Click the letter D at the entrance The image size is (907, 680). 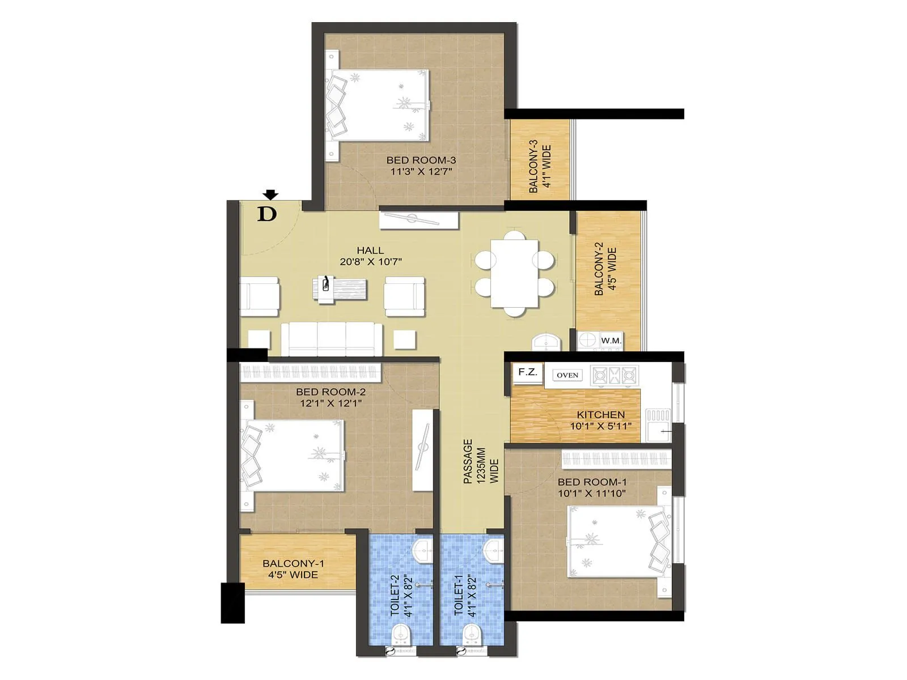(267, 214)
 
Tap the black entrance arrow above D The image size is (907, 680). (271, 195)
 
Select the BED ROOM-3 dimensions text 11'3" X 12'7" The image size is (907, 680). (421, 171)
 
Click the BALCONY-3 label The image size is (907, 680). (533, 166)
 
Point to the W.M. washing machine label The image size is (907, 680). (611, 341)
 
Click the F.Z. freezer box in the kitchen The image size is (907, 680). (528, 372)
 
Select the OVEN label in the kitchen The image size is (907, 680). (567, 375)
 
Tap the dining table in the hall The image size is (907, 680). (515, 273)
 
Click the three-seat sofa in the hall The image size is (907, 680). (332, 339)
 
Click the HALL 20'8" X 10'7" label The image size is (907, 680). (370, 256)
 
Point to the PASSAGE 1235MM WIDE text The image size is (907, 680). (480, 462)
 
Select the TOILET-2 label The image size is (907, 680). (395, 595)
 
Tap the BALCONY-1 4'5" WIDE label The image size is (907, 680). (293, 569)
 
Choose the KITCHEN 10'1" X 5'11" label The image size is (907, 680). (600, 420)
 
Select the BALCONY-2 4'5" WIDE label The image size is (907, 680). (605, 269)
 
